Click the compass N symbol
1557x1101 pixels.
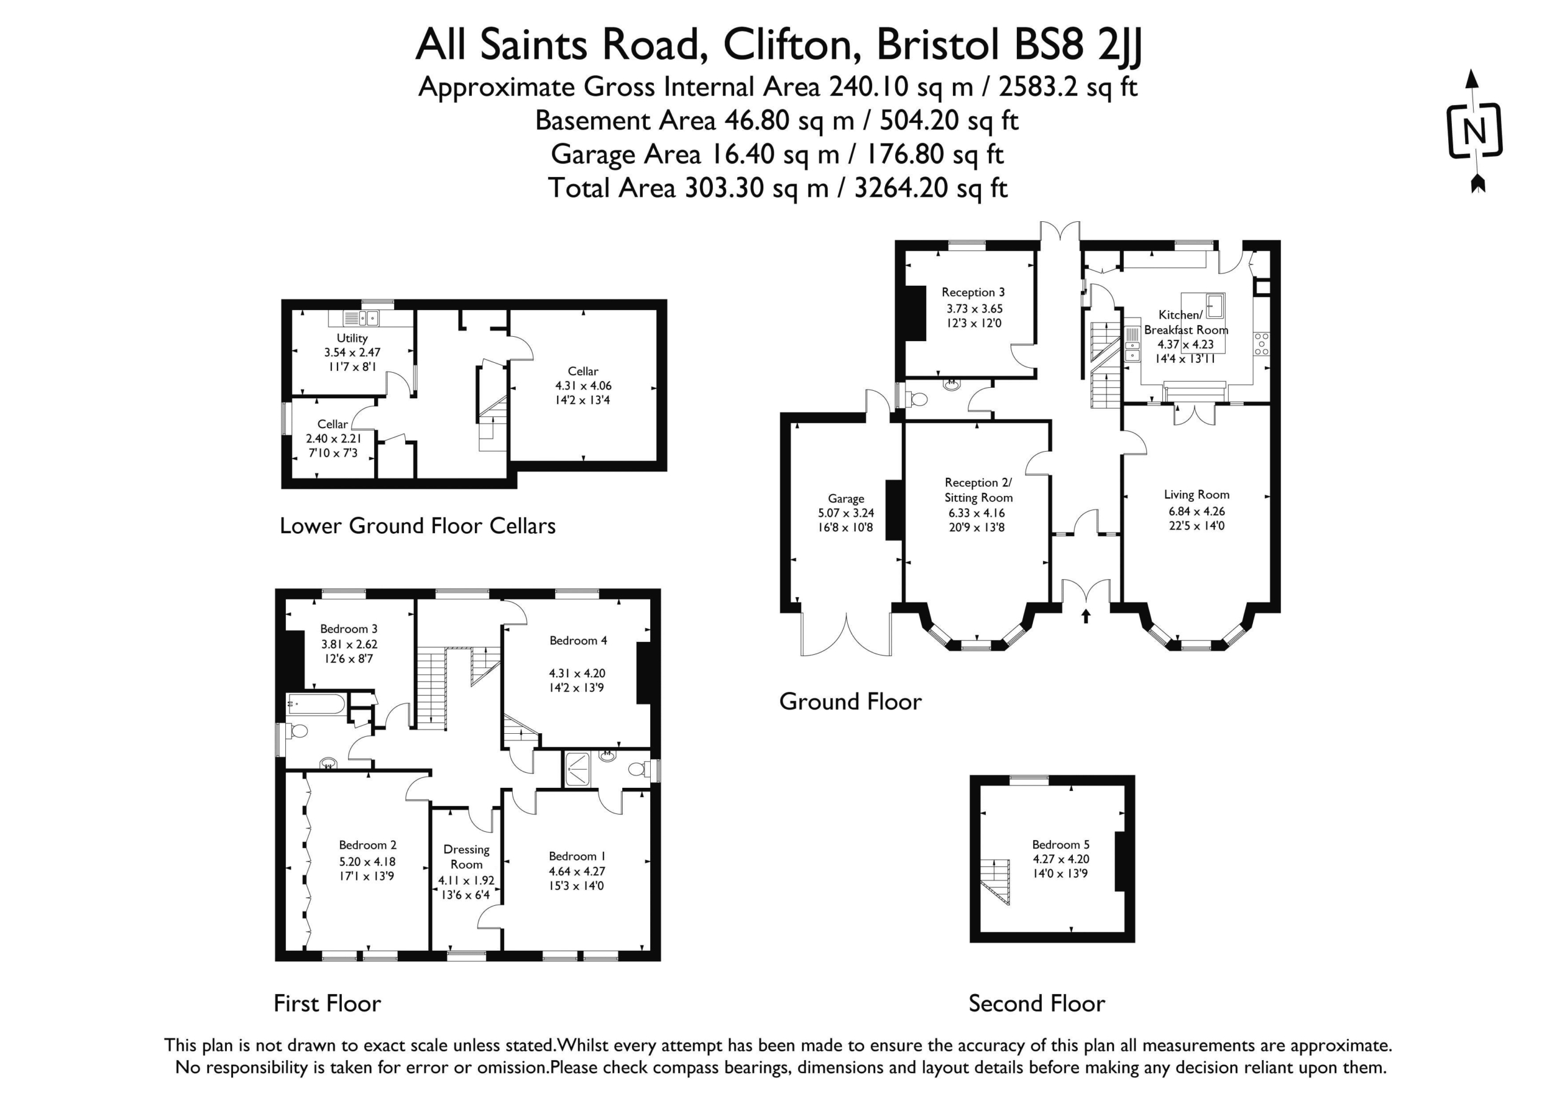tap(1475, 131)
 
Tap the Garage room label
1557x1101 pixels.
tap(845, 499)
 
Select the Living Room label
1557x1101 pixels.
tap(1196, 495)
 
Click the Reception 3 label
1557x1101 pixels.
tap(973, 292)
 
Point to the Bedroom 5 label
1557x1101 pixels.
tap(1061, 844)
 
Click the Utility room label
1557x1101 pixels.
tap(352, 337)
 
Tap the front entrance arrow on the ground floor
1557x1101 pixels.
tap(1086, 616)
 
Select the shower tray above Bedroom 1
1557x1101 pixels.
tap(580, 769)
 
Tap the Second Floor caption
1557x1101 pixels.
tap(1036, 1003)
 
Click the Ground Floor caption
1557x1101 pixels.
tap(850, 701)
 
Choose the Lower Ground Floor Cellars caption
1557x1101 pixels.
tap(418, 525)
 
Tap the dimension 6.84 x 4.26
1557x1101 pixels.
tap(1197, 511)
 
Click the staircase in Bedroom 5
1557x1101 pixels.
tap(995, 882)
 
